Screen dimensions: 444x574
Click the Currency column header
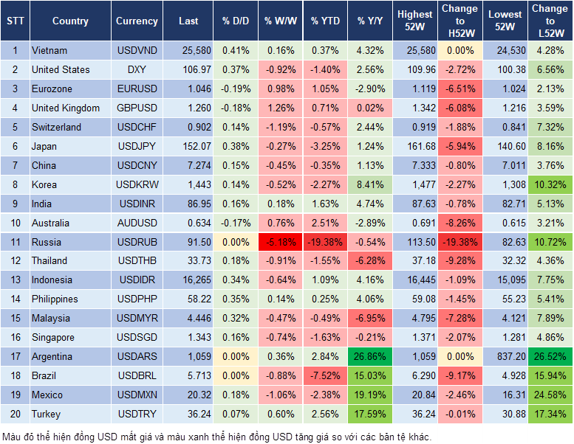pyautogui.click(x=137, y=21)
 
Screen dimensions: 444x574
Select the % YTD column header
pyautogui.click(x=325, y=21)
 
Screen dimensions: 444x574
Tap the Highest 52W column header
pyautogui.click(x=415, y=21)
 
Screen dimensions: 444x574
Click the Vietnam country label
pyautogui.click(x=49, y=51)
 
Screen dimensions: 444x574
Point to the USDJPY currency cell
pyautogui.click(x=137, y=146)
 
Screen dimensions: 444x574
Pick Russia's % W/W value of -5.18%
pyautogui.click(x=279, y=242)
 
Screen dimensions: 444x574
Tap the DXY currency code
pyautogui.click(x=137, y=69)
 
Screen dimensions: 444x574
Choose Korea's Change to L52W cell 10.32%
pyautogui.click(x=550, y=184)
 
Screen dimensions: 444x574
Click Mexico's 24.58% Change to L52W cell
pyautogui.click(x=550, y=395)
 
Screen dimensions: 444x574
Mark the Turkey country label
pyautogui.click(x=46, y=414)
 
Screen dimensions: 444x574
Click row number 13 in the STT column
pyautogui.click(x=15, y=280)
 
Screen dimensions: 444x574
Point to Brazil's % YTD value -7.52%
pyautogui.click(x=325, y=375)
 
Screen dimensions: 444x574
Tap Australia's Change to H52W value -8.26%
pyautogui.click(x=460, y=223)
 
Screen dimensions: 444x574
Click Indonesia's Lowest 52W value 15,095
pyautogui.click(x=505, y=280)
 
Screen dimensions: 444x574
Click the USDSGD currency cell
pyautogui.click(x=137, y=337)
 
